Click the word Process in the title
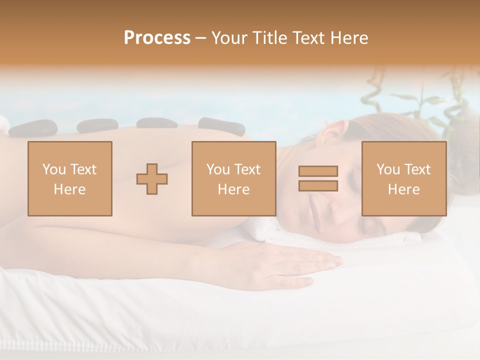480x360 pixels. coord(157,38)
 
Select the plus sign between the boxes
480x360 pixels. coord(152,179)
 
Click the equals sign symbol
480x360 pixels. coord(318,178)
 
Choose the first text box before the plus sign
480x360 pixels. coord(69,178)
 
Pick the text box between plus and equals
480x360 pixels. coord(233,178)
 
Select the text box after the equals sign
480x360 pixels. coord(403,178)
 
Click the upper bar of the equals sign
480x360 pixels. coord(318,171)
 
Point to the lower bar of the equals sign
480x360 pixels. coord(318,185)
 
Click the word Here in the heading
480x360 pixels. coord(349,38)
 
